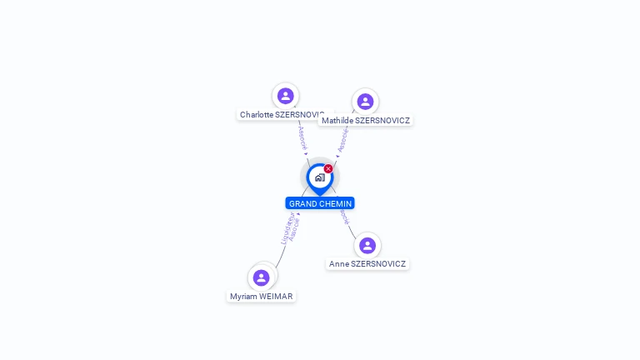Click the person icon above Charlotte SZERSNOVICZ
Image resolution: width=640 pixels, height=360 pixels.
point(286,96)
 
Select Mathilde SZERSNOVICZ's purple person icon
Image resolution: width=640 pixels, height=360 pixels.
point(365,102)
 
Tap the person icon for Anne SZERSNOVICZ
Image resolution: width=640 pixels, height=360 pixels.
point(367,246)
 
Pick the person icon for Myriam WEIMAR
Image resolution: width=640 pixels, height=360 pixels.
point(262,277)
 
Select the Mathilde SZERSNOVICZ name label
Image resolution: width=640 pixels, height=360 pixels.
point(366,120)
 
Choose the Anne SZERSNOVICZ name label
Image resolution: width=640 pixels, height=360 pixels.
point(367,264)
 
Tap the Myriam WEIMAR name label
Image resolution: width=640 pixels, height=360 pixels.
point(262,296)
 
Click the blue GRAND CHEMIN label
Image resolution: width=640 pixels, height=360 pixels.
point(320,203)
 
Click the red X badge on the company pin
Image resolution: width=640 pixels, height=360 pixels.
point(328,169)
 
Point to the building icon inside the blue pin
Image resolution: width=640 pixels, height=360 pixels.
point(319,177)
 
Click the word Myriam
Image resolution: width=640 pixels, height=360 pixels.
point(244,296)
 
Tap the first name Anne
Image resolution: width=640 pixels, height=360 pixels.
point(338,264)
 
